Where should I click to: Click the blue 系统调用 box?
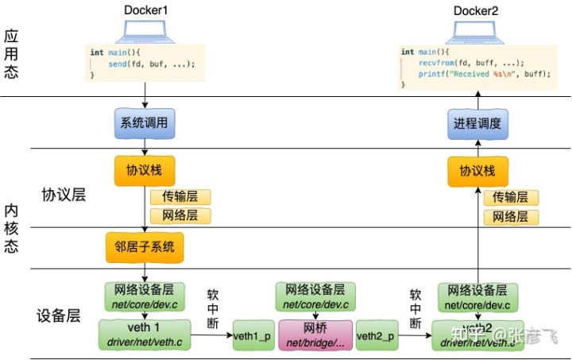pyautogui.click(x=145, y=124)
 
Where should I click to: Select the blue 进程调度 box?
pyautogui.click(x=478, y=124)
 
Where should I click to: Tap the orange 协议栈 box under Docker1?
pyautogui.click(x=145, y=171)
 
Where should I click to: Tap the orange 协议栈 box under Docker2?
pyautogui.click(x=477, y=171)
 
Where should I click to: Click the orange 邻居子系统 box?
pyautogui.click(x=145, y=246)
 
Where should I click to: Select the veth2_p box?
pyautogui.click(x=377, y=335)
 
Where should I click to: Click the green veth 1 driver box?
pyautogui.click(x=145, y=335)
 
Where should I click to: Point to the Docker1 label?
pyautogui.click(x=145, y=10)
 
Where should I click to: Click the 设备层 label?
pyautogui.click(x=59, y=315)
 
